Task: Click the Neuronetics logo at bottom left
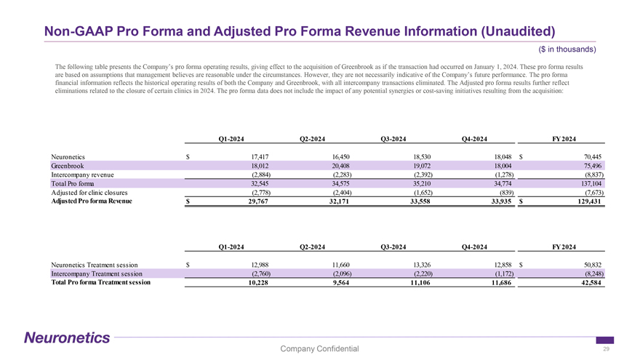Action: click(67, 337)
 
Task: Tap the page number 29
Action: click(606, 349)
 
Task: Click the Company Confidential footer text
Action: click(319, 349)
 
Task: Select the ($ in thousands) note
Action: click(568, 49)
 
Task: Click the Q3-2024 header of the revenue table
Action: click(393, 139)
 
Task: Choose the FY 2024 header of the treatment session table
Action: click(565, 247)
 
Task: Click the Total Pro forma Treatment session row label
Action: click(101, 282)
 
